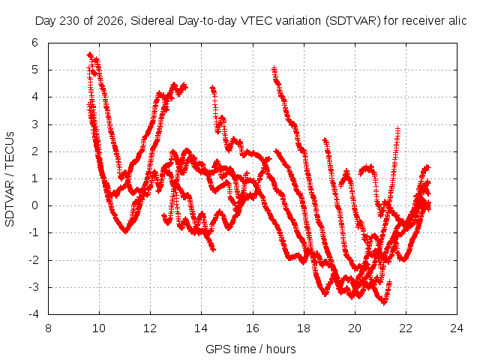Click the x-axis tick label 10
point(99,328)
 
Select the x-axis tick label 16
point(253,328)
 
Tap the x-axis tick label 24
point(457,328)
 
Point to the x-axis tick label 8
point(48,328)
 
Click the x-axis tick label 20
point(355,328)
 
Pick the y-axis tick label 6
point(35,43)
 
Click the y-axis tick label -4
point(34,314)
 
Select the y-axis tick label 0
point(35,205)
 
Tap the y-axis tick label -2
point(34,260)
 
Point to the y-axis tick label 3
point(35,124)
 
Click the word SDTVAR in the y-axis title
point(10,203)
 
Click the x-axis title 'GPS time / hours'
point(250,349)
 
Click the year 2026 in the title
point(110,21)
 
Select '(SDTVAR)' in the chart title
point(353,21)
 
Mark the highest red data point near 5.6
point(90,55)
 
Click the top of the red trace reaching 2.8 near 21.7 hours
point(397,128)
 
